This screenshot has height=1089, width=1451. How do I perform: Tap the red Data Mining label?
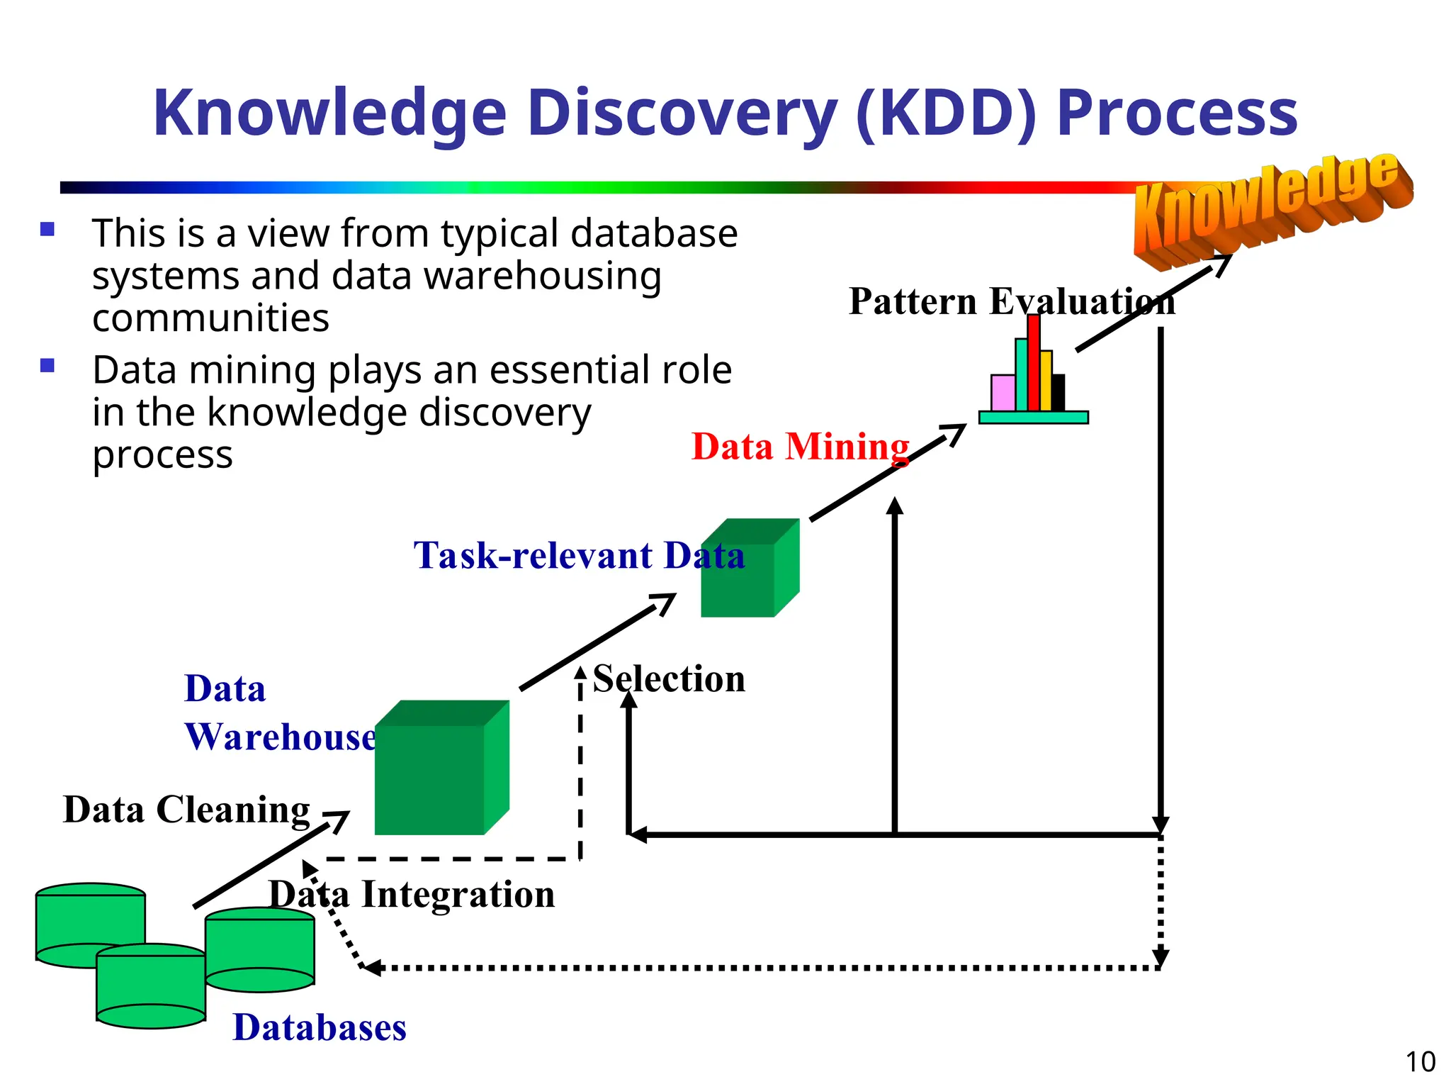800,447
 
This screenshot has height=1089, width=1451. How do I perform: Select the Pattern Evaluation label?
1011,301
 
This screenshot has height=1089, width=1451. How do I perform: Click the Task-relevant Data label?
579,555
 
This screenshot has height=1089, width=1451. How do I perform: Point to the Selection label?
669,678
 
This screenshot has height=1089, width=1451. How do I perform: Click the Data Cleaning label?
186,809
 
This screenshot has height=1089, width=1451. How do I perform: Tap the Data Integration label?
412,894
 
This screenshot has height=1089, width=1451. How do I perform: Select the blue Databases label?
320,1027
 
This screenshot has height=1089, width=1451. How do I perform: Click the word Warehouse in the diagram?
281,737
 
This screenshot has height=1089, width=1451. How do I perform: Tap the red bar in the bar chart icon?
1034,363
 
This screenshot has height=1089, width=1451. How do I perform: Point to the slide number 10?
1420,1062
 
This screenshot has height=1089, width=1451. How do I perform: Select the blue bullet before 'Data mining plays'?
47,366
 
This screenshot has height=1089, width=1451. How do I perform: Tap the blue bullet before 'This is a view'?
47,229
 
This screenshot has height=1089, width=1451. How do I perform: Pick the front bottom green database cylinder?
151,988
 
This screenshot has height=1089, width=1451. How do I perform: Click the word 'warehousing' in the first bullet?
496,276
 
